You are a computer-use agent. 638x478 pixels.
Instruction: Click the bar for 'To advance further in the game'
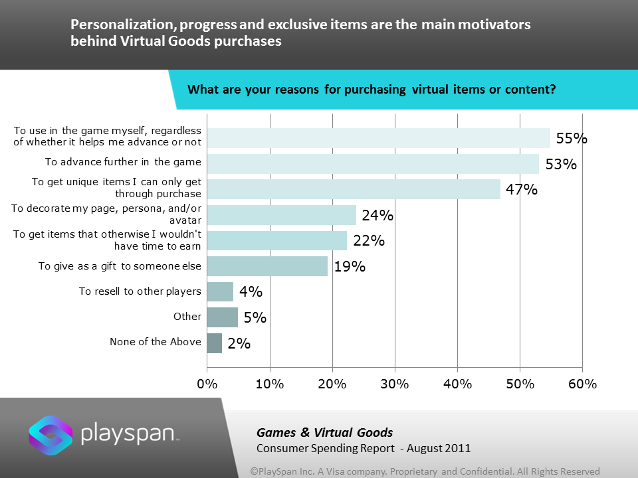pos(373,164)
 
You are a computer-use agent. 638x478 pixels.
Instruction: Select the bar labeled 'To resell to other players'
pos(220,291)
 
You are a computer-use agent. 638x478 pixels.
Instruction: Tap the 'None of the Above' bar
pos(214,343)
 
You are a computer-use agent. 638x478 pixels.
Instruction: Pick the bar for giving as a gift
pos(267,266)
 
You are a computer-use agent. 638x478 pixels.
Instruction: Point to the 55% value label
pos(572,139)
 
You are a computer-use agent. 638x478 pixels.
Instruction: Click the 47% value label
pos(521,190)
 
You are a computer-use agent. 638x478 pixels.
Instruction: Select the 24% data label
pos(377,215)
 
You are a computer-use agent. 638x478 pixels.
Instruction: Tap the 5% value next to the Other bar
pos(255,318)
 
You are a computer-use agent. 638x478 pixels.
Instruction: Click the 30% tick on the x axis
pos(395,384)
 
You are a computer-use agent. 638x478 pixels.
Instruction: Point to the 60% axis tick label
pos(582,384)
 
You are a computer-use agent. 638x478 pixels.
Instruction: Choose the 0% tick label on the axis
pos(207,384)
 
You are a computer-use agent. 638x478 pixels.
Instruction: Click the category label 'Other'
pos(187,317)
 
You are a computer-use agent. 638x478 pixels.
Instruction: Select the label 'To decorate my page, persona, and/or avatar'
pos(106,214)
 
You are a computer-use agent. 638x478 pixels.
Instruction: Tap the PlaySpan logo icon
pos(50,435)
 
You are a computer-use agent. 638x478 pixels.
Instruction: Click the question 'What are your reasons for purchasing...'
pos(372,90)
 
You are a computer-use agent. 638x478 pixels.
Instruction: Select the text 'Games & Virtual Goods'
pos(325,433)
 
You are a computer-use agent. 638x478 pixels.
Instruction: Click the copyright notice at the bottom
pos(425,471)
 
